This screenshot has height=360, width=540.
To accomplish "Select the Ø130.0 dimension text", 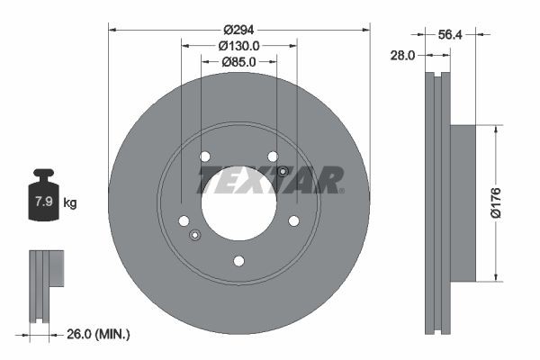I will click(238, 45).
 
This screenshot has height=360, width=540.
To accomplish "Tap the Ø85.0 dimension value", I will click(238, 62).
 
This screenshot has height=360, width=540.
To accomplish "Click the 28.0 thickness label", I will click(402, 55).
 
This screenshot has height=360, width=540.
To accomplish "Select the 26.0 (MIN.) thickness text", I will click(98, 335).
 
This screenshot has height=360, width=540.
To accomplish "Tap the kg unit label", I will click(70, 203).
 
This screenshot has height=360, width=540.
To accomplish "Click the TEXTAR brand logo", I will click(269, 180).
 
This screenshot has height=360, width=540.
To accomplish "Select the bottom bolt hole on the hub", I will click(238, 261).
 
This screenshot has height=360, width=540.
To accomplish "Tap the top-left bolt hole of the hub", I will click(204, 155).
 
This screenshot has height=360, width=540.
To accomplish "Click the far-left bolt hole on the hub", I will click(184, 220).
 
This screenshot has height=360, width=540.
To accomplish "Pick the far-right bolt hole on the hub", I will click(293, 220).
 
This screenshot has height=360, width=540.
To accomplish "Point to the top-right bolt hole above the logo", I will click(273, 155).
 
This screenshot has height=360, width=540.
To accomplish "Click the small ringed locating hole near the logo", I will click(283, 172).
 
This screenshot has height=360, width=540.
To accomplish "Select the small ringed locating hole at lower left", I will click(195, 236).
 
